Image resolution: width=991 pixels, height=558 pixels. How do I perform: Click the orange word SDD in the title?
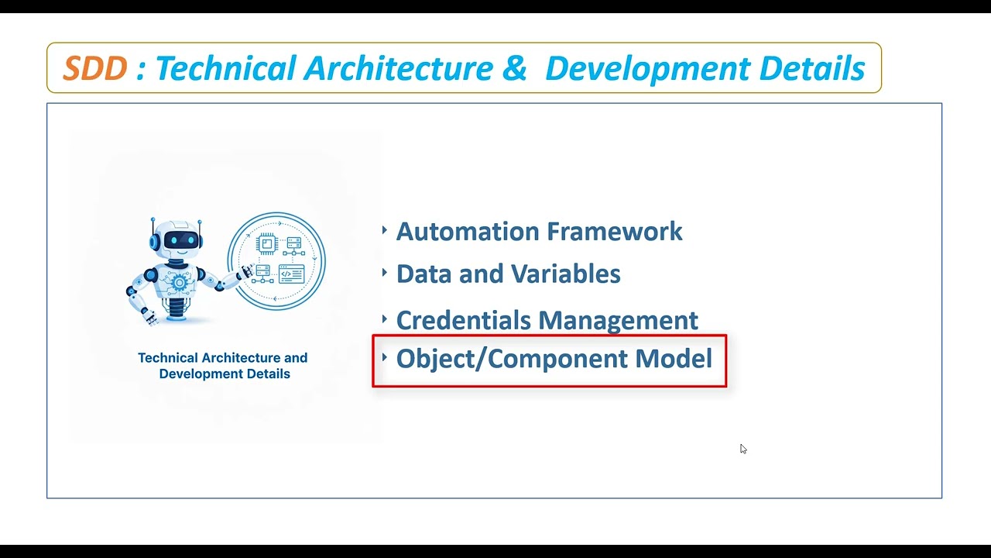94,69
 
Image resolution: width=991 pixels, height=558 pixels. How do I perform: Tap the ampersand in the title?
514,69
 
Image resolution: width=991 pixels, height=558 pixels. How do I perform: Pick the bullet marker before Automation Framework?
385,229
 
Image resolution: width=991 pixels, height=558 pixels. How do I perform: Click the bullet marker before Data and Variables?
385,272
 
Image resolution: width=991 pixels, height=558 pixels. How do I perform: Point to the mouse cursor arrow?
742,448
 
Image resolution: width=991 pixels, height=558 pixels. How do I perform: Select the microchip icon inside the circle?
266,244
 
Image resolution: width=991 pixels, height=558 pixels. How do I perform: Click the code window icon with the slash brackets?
291,273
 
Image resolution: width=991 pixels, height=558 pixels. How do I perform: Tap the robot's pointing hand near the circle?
246,270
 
